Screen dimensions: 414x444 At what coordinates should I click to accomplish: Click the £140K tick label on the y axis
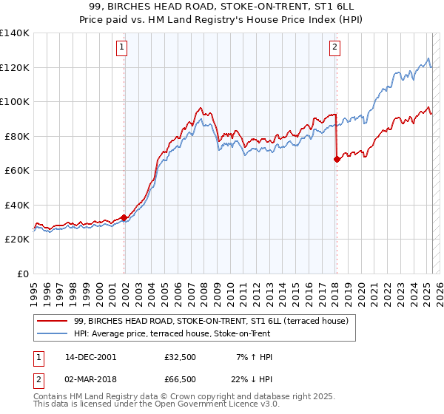coord(15,33)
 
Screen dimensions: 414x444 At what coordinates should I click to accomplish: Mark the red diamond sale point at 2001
coord(124,217)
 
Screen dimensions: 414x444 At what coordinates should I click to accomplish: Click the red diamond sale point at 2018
coord(337,159)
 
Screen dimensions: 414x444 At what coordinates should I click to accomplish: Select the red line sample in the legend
coord(53,321)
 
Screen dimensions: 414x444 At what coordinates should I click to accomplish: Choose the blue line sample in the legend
coord(53,333)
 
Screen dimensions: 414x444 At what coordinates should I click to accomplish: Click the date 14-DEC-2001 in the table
coord(90,357)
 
